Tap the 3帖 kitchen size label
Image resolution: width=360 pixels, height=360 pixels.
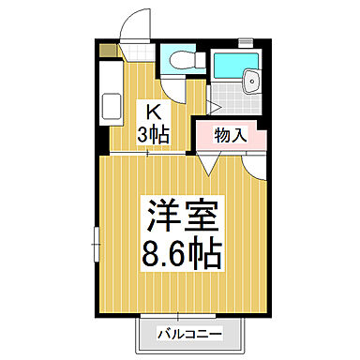155,134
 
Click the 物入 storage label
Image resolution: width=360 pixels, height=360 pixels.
230,135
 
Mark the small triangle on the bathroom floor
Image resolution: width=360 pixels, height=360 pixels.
212,105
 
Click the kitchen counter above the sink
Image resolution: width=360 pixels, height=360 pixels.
108,73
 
